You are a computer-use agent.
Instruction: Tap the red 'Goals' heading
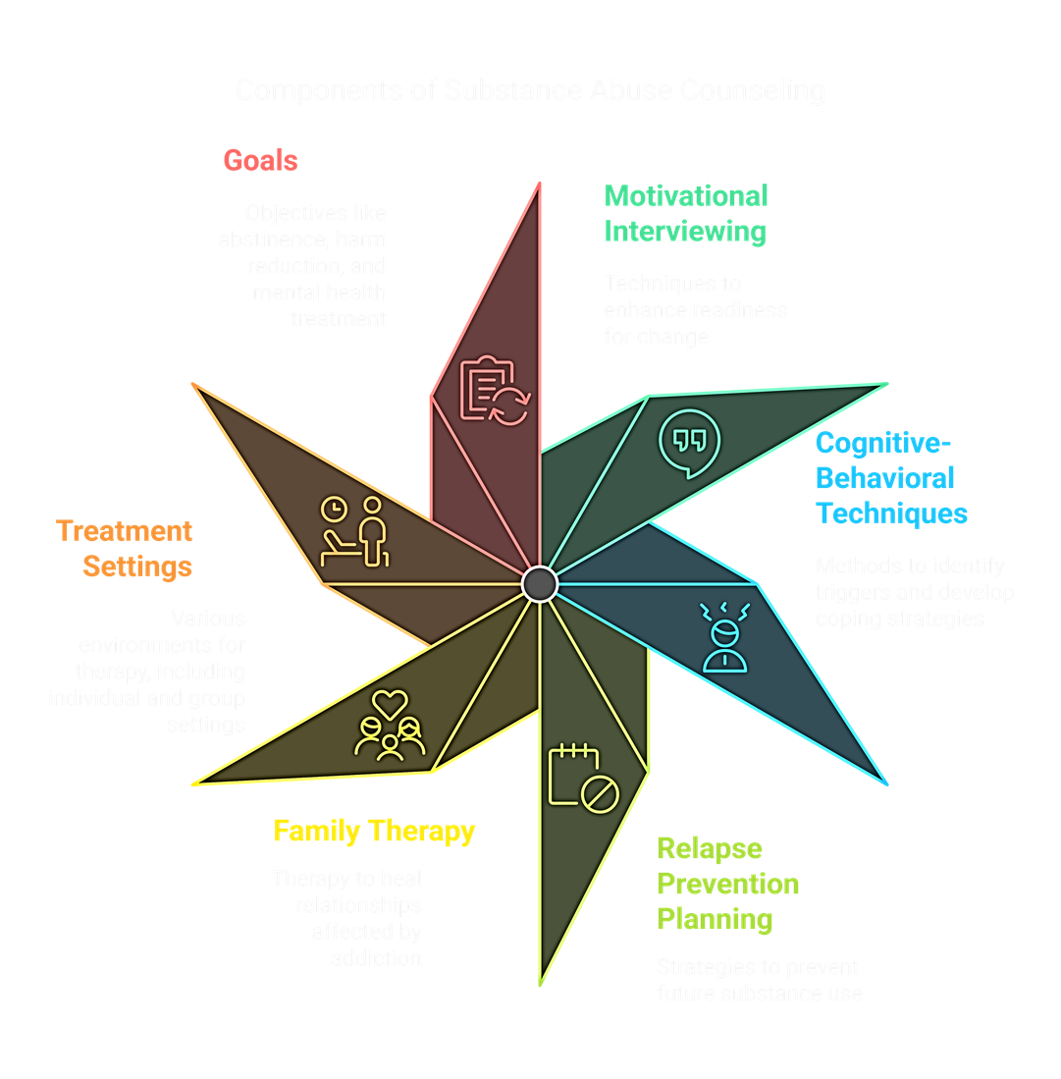tap(260, 160)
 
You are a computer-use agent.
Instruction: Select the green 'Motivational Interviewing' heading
tap(685, 213)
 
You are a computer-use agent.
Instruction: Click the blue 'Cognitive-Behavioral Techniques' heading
tap(891, 478)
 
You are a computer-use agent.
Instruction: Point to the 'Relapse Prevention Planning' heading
tap(727, 884)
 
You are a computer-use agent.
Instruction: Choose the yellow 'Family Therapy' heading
tap(374, 832)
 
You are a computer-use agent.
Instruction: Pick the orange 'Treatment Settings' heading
tap(125, 549)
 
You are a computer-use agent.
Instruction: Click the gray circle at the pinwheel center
tap(540, 584)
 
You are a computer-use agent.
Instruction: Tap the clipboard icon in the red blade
tap(494, 390)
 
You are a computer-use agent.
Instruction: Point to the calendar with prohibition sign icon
tap(582, 778)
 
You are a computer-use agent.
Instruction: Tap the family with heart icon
tap(390, 727)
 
